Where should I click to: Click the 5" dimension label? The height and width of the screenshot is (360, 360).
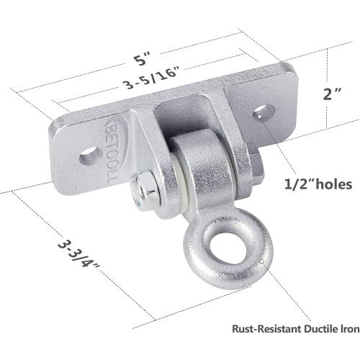pyautogui.click(x=143, y=58)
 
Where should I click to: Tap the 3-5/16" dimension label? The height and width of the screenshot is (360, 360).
pyautogui.click(x=152, y=76)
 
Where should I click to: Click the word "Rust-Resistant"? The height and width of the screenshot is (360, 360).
pyautogui.click(x=266, y=329)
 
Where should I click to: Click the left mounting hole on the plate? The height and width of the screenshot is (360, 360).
pyautogui.click(x=91, y=156)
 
